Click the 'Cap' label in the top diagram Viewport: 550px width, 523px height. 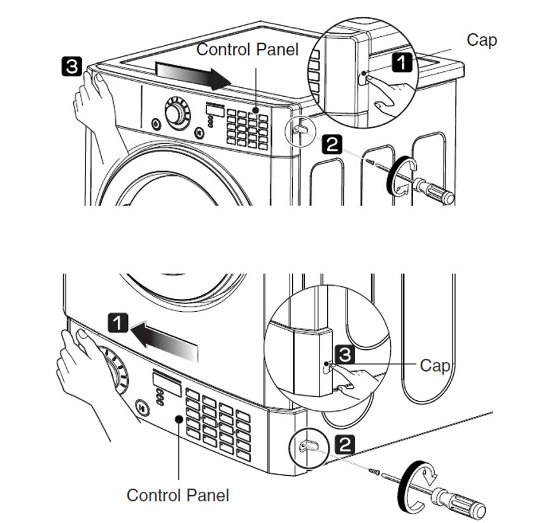tap(481, 39)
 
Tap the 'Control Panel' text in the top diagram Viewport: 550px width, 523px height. tap(247, 50)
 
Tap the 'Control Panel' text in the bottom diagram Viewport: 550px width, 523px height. tap(178, 494)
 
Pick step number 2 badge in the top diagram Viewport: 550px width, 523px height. tap(332, 144)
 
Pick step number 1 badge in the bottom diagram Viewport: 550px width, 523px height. tap(118, 323)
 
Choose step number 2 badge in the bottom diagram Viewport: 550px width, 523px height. tap(344, 445)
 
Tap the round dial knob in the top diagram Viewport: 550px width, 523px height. tap(174, 114)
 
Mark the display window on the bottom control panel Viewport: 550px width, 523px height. tap(167, 382)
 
